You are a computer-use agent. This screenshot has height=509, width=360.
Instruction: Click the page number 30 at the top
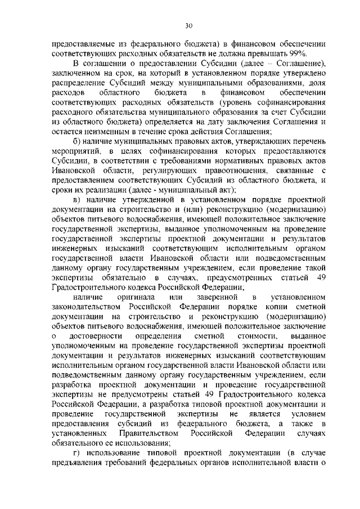point(188,25)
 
